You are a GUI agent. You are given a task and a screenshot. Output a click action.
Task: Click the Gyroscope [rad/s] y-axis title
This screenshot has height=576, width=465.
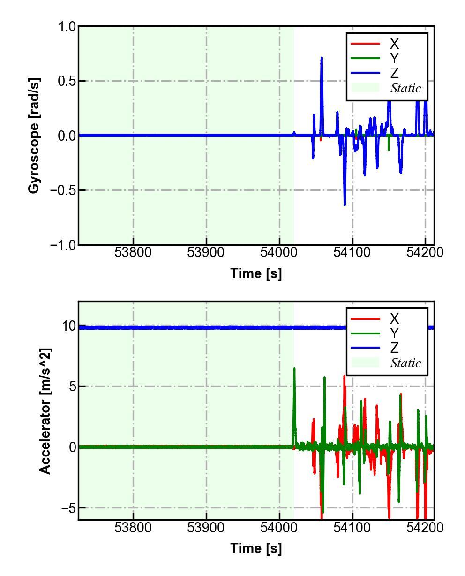coord(34,136)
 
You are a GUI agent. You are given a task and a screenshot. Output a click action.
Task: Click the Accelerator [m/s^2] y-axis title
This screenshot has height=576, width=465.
coord(45,411)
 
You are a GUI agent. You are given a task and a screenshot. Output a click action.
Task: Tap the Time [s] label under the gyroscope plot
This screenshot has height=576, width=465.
coord(256,273)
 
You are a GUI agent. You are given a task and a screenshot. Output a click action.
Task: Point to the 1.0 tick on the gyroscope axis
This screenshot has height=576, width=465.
coord(67,27)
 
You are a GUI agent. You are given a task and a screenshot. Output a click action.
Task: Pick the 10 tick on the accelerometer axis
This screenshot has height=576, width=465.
coord(69,326)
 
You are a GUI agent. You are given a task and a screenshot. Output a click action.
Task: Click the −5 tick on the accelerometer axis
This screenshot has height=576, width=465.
coord(67,508)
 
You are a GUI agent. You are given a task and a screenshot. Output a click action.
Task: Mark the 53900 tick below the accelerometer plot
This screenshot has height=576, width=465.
coord(206,528)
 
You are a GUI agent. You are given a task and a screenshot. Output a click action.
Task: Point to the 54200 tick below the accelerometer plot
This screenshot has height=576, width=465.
coord(425,528)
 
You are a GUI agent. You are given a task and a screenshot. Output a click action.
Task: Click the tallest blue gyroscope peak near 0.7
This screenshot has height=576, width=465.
coord(322,58)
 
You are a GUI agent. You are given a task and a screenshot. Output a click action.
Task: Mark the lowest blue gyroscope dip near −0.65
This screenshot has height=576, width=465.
coord(345,204)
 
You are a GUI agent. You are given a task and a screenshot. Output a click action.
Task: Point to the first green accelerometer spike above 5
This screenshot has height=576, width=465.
coord(294,369)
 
